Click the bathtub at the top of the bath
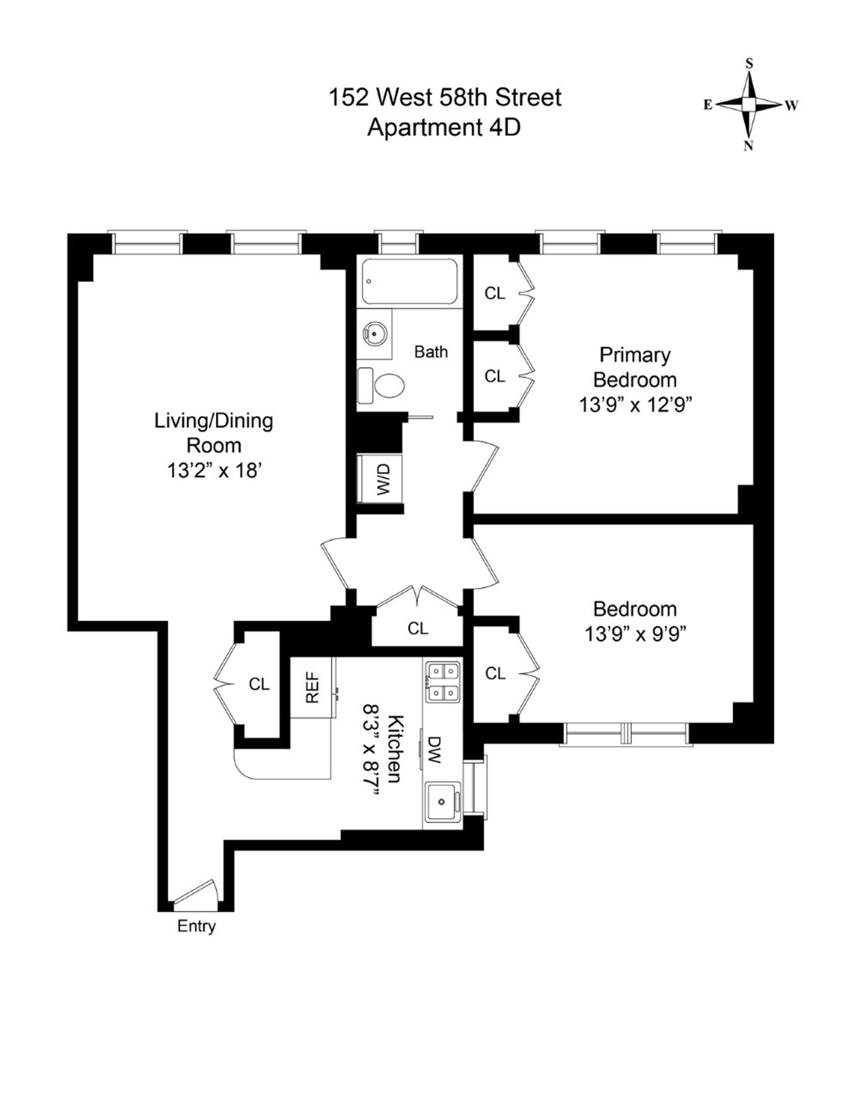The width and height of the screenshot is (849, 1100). click(x=409, y=281)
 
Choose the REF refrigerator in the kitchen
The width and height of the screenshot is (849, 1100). click(x=312, y=688)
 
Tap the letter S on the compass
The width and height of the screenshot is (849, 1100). click(x=749, y=63)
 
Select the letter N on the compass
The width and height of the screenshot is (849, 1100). click(x=748, y=146)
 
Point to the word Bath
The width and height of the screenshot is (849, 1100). click(x=431, y=351)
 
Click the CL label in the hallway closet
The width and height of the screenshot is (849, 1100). click(x=418, y=628)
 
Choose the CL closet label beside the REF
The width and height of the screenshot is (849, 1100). click(x=259, y=684)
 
